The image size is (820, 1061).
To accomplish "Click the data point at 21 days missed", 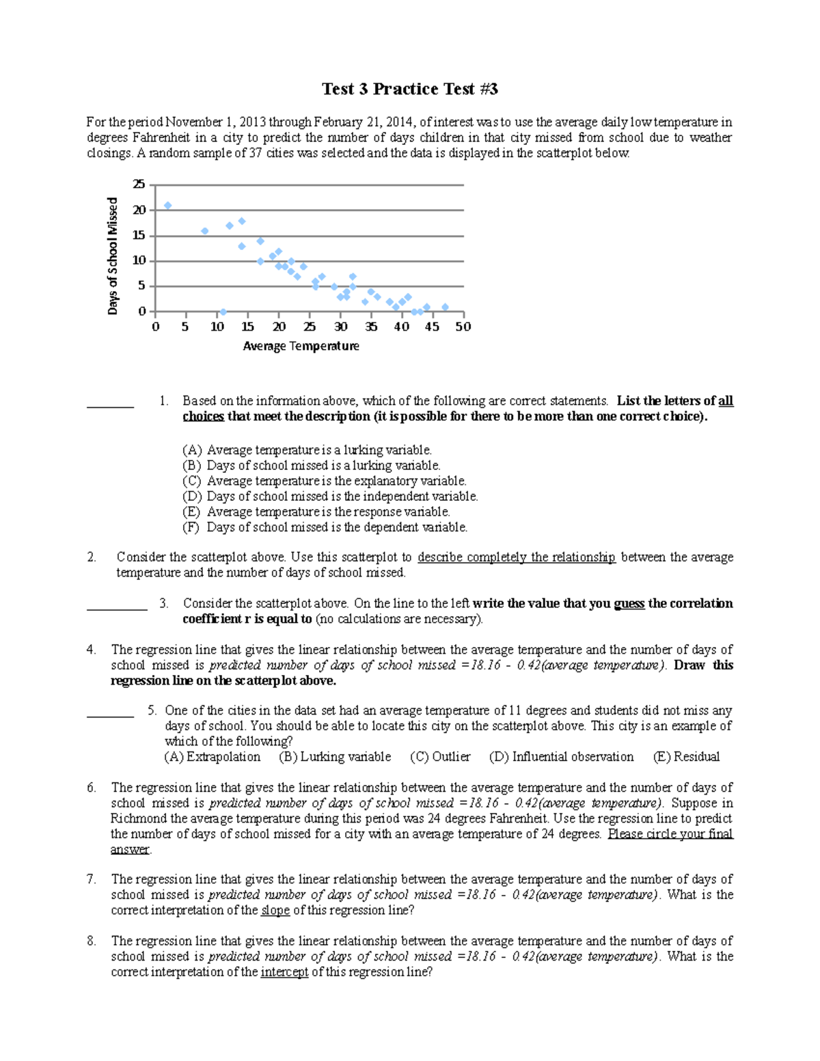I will point(167,206).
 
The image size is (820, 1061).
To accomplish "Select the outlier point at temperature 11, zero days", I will point(223,312).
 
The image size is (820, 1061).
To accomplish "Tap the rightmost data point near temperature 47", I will point(445,307).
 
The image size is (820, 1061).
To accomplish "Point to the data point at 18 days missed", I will point(241,221).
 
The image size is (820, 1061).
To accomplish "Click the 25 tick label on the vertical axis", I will point(139,184).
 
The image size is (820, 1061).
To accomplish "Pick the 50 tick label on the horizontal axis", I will point(463,327).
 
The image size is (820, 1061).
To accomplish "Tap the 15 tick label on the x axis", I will point(247,327).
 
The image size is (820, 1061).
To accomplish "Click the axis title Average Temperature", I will point(301,346).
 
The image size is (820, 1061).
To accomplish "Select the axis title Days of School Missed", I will point(113,256).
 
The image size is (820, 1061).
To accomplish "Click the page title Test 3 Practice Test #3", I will point(410,89).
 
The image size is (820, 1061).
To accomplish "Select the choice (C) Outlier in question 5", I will point(440,757).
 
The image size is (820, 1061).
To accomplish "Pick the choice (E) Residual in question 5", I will point(686,757).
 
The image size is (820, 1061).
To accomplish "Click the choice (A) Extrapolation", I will point(213,757).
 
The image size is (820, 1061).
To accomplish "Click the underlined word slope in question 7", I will point(275,911).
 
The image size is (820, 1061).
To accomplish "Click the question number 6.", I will point(92,788).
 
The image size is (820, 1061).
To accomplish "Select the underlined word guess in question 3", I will point(629,604).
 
